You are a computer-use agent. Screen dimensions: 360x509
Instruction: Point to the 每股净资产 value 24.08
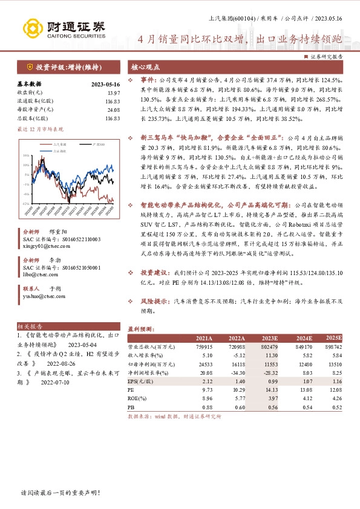click(x=113, y=109)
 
